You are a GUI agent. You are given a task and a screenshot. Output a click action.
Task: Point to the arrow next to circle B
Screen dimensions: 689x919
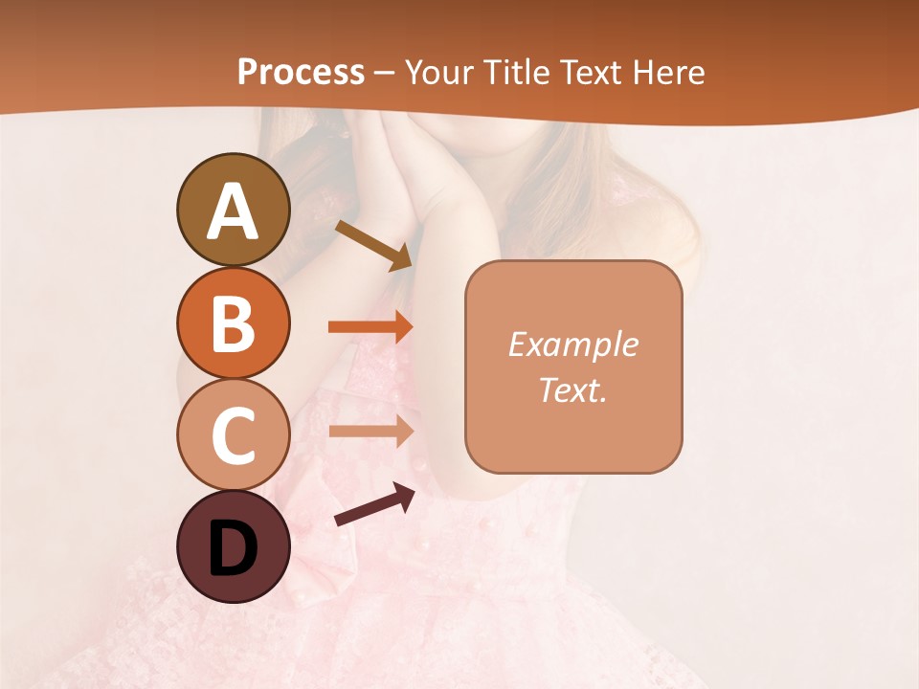pos(370,326)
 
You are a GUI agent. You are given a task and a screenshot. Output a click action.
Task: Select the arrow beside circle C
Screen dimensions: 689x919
pos(370,431)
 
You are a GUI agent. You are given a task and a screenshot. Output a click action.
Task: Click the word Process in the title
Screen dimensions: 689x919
pos(301,72)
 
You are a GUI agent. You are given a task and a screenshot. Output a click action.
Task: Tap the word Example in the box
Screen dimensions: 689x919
pos(572,344)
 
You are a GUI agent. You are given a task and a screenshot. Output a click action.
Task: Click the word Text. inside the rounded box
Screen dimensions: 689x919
pos(572,389)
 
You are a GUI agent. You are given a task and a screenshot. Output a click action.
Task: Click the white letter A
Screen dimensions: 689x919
pos(233,212)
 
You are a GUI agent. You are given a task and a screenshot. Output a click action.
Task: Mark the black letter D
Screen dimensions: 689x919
pos(233,549)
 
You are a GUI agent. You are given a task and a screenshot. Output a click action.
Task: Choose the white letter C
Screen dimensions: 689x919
pos(233,435)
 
